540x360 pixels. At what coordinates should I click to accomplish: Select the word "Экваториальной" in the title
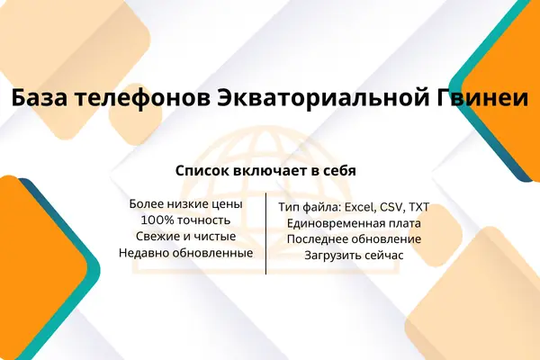point(323,98)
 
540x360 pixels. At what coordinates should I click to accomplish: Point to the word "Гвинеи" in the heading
point(482,98)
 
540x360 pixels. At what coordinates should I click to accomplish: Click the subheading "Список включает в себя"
point(265,171)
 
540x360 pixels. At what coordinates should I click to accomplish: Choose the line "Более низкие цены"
point(186,204)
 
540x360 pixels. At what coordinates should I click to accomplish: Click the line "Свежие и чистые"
point(186,237)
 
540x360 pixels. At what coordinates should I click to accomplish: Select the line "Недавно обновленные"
point(186,253)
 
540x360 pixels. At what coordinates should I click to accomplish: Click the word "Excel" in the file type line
point(359,207)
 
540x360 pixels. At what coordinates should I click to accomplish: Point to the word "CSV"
point(389,207)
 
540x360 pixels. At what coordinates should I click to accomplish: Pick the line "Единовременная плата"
point(354,223)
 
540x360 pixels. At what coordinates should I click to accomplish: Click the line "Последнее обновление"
point(354,239)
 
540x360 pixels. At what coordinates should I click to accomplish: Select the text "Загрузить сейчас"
point(354,256)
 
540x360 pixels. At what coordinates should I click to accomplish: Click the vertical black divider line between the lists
point(265,234)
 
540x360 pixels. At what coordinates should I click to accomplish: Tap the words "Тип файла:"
point(310,208)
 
